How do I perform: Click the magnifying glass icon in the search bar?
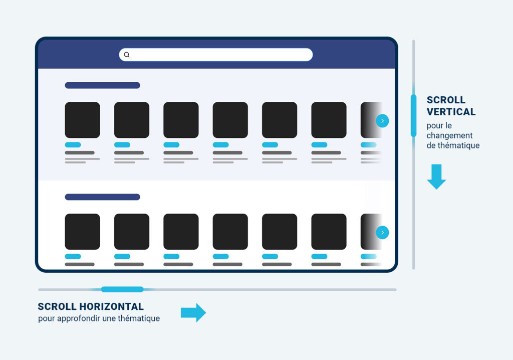coord(127,55)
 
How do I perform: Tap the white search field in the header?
coord(216,55)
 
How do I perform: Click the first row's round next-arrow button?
coord(382,121)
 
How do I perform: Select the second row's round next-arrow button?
coord(382,233)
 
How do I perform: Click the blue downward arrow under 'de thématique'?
coord(436,176)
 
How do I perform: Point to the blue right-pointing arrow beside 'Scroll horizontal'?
coord(193,312)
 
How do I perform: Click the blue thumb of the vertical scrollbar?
coord(413,115)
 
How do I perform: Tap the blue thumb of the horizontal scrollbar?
coord(122,289)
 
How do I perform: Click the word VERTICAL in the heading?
coord(451,112)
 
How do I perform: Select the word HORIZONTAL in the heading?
coord(112,307)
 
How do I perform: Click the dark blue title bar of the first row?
coord(102,86)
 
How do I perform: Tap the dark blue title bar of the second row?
coord(102,197)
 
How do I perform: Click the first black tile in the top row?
coord(83,120)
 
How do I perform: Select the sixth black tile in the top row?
coord(329,120)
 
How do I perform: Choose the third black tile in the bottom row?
coord(181,232)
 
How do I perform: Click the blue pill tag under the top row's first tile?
coord(73,145)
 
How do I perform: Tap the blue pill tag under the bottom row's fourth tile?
coord(221,257)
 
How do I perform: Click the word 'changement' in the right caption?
coord(449,135)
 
